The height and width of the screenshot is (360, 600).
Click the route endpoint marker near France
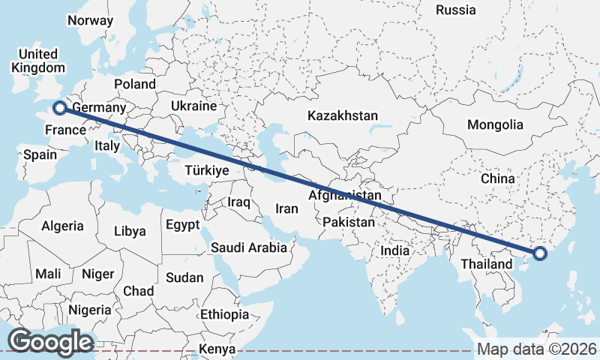pyautogui.click(x=58, y=108)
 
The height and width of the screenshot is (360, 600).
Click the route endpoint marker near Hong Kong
pyautogui.click(x=540, y=254)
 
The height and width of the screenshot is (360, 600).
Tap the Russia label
pyautogui.click(x=455, y=10)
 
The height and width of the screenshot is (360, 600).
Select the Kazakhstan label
pyautogui.click(x=342, y=115)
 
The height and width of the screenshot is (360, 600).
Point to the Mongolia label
pyautogui.click(x=494, y=124)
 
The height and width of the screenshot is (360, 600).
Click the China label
pyautogui.click(x=498, y=178)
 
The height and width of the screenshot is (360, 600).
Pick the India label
pyautogui.click(x=395, y=250)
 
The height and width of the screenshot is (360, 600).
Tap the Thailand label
pyautogui.click(x=486, y=264)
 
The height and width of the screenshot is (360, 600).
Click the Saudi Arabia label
pyautogui.click(x=248, y=247)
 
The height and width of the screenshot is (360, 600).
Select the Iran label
pyautogui.click(x=287, y=209)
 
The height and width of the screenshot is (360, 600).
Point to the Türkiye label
pyautogui.click(x=205, y=171)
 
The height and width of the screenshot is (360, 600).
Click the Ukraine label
pyautogui.click(x=193, y=106)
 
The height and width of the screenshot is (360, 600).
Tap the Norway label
pyautogui.click(x=90, y=21)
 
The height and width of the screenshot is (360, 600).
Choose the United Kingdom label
pyautogui.click(x=37, y=61)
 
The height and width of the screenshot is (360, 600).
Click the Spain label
pyautogui.click(x=40, y=155)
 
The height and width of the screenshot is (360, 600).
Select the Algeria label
pyautogui.click(x=62, y=226)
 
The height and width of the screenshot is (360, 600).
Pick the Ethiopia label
pyautogui.click(x=224, y=314)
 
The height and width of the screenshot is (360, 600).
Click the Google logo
pyautogui.click(x=49, y=342)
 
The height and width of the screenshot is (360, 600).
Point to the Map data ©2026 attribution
pyautogui.click(x=537, y=349)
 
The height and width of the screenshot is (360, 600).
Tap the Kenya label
pyautogui.click(x=217, y=349)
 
